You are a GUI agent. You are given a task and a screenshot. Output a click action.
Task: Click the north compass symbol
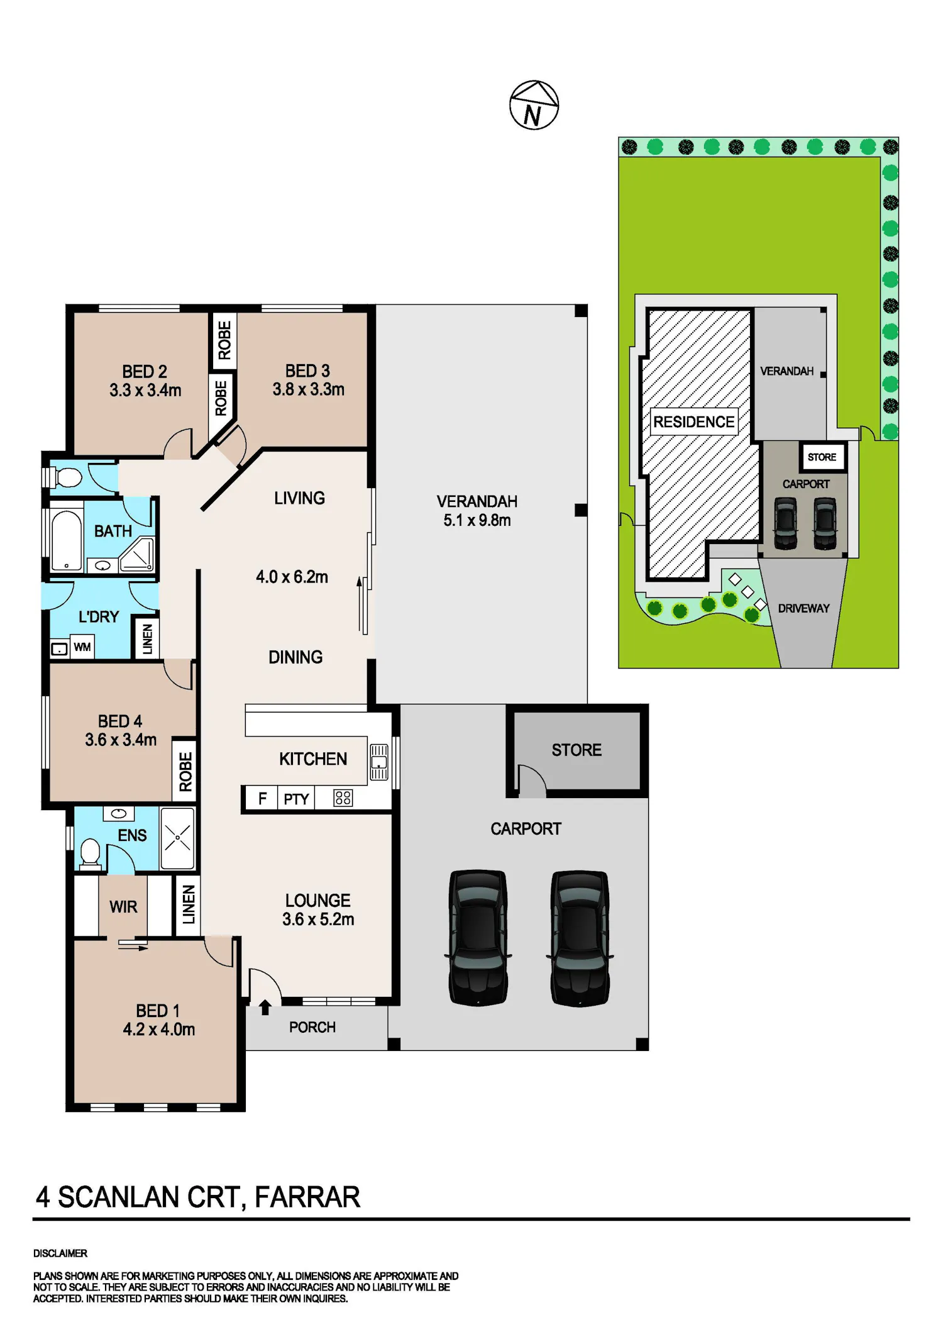534,105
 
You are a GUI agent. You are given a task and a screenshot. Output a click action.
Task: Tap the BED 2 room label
145,371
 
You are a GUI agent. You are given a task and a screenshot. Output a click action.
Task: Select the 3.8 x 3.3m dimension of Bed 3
309,389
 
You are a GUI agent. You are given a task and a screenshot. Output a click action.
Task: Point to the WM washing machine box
82,647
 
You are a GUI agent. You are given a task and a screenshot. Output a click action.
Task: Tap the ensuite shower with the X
177,838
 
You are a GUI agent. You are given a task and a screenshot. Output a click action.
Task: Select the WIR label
123,906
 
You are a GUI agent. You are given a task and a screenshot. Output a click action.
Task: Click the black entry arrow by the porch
265,1007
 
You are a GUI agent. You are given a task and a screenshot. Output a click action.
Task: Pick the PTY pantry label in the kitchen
296,799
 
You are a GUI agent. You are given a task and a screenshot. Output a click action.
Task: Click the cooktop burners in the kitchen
343,798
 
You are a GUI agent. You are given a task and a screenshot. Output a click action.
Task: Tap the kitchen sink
379,762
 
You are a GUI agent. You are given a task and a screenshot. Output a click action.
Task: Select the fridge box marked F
262,798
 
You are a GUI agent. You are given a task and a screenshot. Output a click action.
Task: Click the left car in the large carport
478,937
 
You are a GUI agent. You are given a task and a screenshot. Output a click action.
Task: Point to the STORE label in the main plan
576,750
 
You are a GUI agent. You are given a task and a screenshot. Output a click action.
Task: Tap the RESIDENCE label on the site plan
694,421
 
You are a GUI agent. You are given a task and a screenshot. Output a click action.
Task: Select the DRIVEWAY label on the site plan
804,608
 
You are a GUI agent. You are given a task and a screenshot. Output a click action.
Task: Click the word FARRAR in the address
307,1197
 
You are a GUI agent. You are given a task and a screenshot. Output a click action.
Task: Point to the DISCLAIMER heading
60,1253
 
